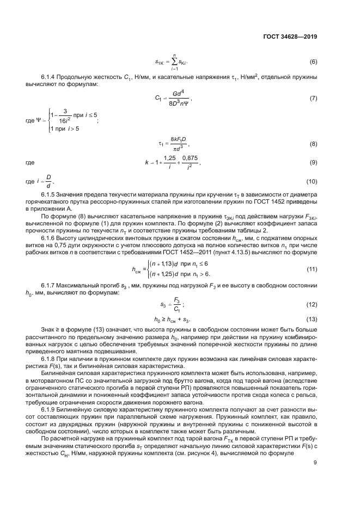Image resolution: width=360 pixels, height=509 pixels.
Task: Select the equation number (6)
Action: click(x=314, y=62)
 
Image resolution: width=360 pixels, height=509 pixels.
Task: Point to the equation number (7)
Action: click(x=314, y=99)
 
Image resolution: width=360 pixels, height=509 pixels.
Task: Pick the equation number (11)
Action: click(x=313, y=269)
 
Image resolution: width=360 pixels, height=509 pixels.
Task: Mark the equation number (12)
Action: click(x=313, y=304)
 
